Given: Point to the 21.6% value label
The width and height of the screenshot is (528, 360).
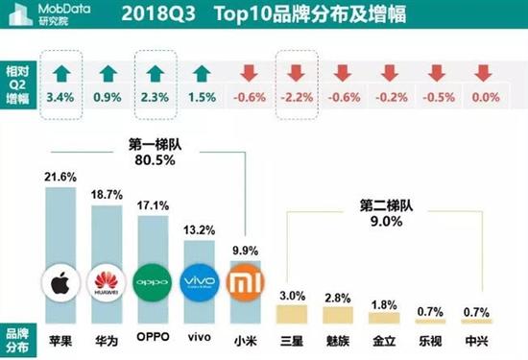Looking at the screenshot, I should [60, 177].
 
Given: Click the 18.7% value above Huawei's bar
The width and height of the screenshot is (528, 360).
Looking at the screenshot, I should [108, 195].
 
